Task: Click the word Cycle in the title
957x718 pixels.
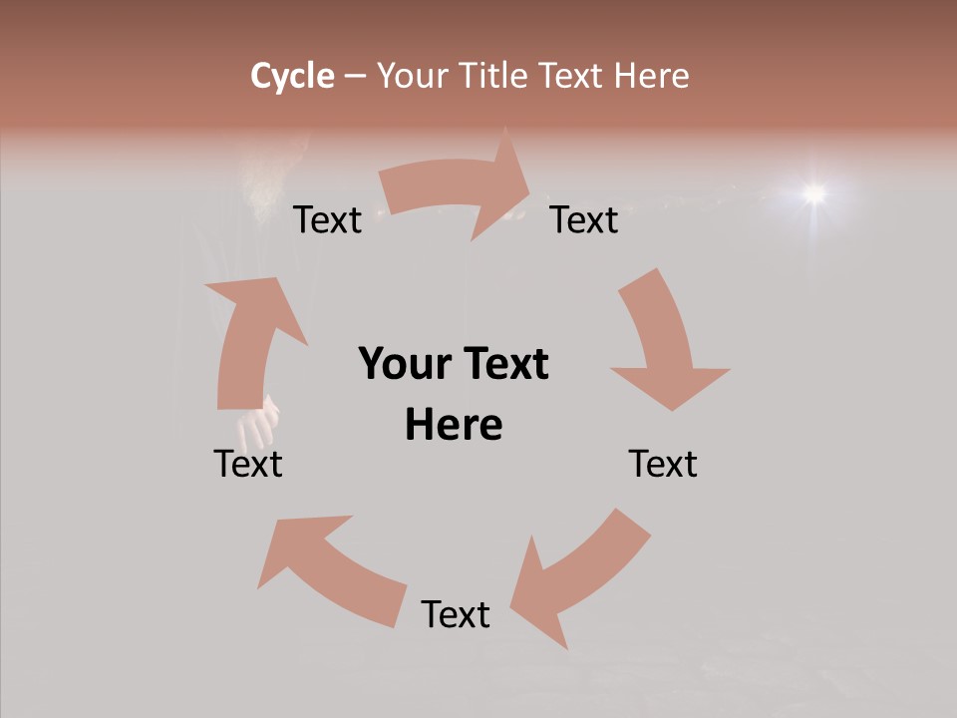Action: coord(292,76)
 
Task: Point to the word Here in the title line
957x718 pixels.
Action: coord(651,76)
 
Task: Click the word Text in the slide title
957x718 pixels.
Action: coord(570,76)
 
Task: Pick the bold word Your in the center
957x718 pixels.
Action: coord(403,364)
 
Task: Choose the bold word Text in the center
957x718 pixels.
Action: coord(501,364)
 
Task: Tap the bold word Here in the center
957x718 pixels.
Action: coord(454,425)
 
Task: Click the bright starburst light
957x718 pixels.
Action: coord(815,192)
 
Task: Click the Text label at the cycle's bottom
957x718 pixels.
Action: coord(456,614)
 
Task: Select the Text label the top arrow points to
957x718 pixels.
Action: coord(584,219)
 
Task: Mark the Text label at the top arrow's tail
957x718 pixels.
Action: coord(327,219)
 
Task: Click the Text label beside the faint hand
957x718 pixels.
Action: coord(248,464)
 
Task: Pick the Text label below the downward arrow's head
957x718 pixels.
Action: coord(663,464)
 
